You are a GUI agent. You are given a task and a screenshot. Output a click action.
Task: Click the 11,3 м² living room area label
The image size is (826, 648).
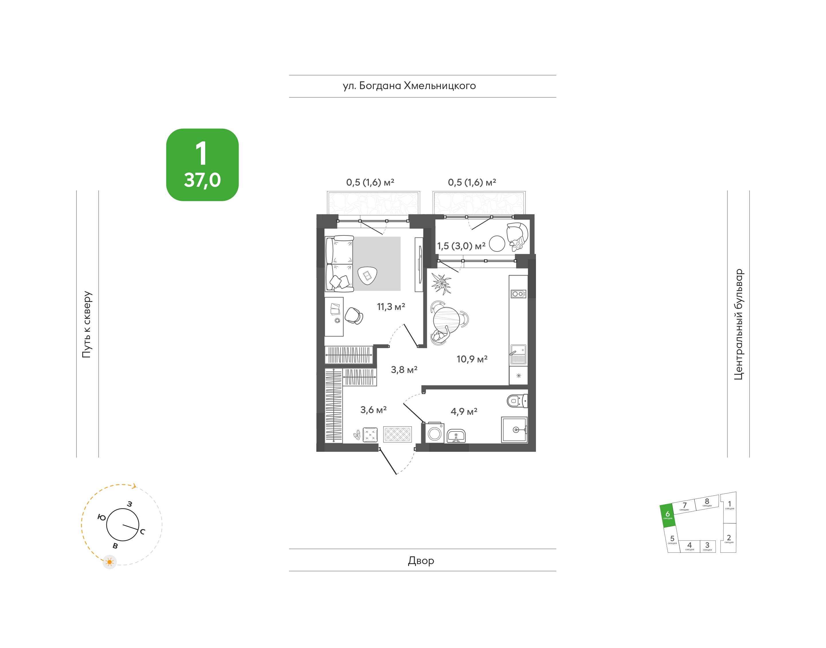click(391, 307)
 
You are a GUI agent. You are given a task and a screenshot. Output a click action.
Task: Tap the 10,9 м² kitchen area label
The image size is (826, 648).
click(472, 359)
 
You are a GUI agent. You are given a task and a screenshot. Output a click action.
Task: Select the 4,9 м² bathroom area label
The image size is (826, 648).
click(464, 411)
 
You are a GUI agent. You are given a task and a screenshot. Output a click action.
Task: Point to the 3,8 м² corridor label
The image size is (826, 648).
click(404, 370)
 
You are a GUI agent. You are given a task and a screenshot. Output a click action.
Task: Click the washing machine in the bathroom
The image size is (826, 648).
click(434, 433)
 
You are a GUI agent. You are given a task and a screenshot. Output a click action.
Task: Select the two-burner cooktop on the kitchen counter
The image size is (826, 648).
click(518, 294)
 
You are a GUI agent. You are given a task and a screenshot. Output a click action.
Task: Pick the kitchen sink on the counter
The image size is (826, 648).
click(518, 354)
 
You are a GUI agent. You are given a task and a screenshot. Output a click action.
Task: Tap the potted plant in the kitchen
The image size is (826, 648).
click(441, 283)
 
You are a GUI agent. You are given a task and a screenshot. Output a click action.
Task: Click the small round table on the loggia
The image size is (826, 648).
click(497, 244)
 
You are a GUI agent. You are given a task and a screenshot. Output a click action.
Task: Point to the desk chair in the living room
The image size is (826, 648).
click(354, 316)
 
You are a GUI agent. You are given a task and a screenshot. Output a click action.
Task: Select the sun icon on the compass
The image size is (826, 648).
click(110, 562)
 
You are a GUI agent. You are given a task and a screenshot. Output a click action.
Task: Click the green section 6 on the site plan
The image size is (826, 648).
click(668, 516)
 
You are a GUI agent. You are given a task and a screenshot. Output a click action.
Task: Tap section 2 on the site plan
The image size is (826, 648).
click(729, 538)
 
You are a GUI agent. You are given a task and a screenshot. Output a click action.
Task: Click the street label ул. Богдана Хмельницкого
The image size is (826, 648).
click(409, 86)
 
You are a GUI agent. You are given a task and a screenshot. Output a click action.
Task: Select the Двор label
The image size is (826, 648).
click(421, 561)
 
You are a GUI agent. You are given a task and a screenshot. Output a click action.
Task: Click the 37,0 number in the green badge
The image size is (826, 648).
click(202, 180)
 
